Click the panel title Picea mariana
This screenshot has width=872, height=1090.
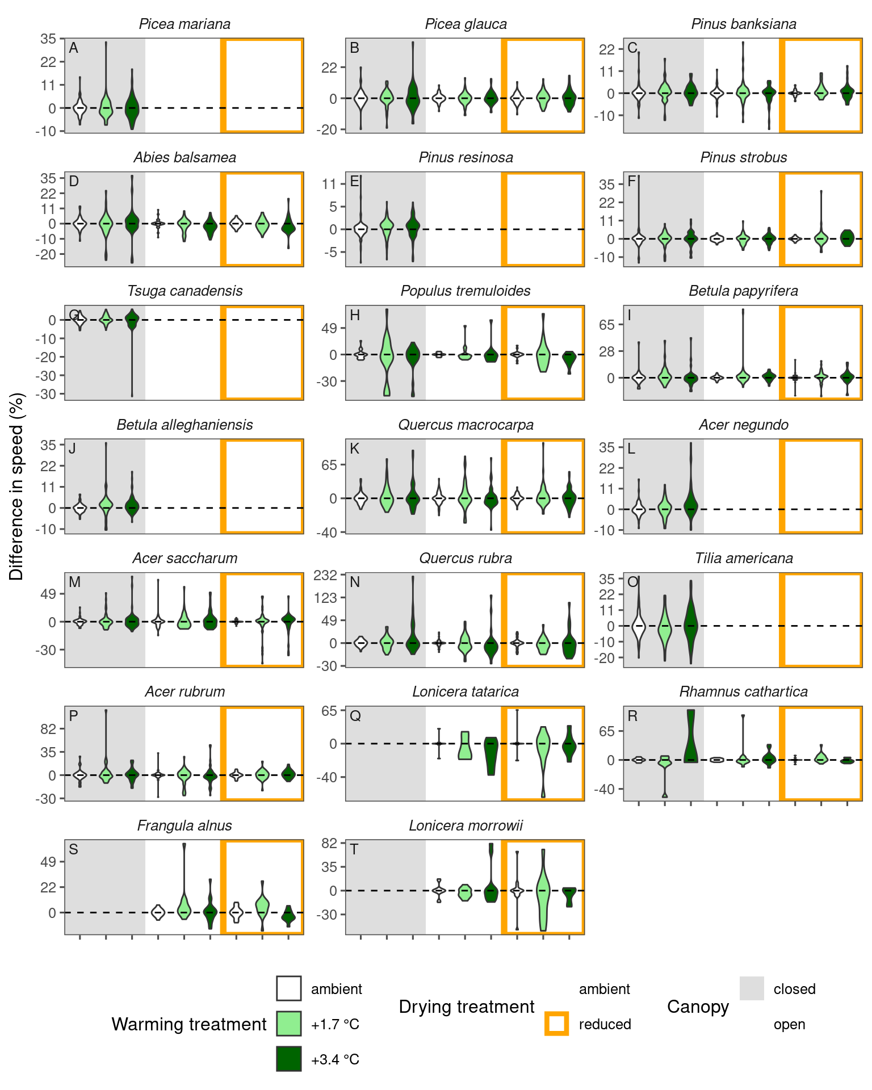click(185, 24)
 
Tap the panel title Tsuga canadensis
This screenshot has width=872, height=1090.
click(185, 291)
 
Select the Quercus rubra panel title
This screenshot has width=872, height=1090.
click(466, 559)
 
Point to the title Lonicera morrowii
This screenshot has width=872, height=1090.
click(466, 825)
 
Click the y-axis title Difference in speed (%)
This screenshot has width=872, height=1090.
click(17, 487)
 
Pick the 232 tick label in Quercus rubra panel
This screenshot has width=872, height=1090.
click(325, 575)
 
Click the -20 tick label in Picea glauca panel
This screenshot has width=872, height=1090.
click(328, 129)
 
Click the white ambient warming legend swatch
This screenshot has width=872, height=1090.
click(289, 988)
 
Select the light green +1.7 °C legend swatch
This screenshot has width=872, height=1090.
click(289, 1024)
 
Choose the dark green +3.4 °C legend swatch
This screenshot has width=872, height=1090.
click(289, 1059)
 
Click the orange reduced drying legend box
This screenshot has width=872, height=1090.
click(556, 1024)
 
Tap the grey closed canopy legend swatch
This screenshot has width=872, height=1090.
click(752, 988)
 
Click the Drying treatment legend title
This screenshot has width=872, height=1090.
click(466, 1007)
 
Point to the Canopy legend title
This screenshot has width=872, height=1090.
click(698, 1007)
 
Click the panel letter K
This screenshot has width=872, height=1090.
click(355, 449)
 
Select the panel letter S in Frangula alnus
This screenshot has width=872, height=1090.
click(73, 850)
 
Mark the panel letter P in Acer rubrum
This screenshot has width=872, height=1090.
click(73, 716)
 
